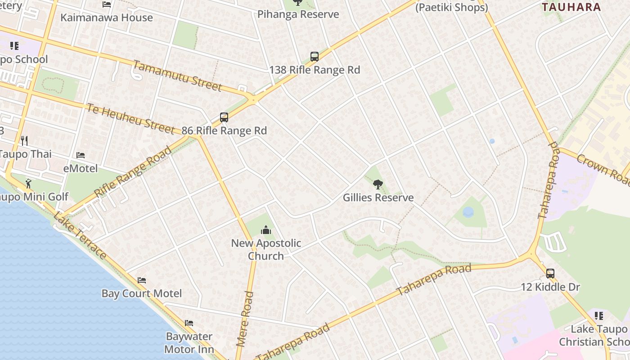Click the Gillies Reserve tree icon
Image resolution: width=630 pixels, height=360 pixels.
(x=378, y=184)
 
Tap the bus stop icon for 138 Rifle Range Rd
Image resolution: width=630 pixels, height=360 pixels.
(x=315, y=57)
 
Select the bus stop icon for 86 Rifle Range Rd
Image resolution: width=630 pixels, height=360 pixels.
(x=224, y=117)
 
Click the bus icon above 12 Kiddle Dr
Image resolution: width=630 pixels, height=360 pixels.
(x=550, y=273)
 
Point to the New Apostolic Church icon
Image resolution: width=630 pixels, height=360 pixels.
(x=266, y=230)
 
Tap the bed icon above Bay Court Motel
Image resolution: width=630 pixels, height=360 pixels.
(x=142, y=280)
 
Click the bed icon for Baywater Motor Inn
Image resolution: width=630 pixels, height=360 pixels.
(x=189, y=323)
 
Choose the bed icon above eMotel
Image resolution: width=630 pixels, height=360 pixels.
(x=81, y=155)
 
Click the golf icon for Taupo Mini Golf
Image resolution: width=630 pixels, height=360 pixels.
(x=29, y=183)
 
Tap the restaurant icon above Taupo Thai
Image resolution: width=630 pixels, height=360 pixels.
(x=24, y=140)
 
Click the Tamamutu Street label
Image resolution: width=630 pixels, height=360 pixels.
(x=177, y=76)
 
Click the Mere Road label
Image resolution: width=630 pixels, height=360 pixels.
(x=245, y=319)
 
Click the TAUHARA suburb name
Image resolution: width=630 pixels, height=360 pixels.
(x=571, y=7)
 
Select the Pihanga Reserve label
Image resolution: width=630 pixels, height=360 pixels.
(x=298, y=14)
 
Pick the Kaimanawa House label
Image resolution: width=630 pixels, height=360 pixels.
(x=107, y=18)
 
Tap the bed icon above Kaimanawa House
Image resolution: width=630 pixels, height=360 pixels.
(x=107, y=4)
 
